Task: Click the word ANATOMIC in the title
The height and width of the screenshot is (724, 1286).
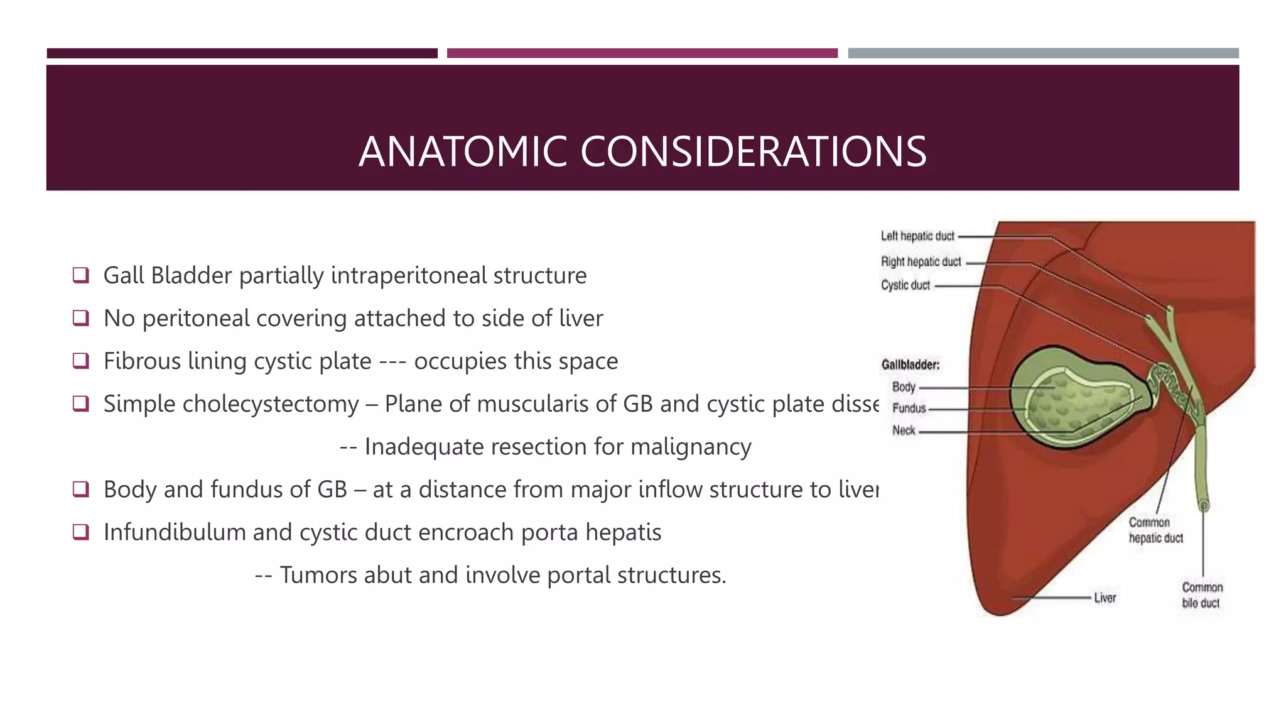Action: point(463,152)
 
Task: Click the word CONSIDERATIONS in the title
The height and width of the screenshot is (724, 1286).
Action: point(753,152)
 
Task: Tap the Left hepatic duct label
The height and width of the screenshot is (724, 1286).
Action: point(917,236)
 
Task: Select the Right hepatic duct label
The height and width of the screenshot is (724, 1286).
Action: point(921,261)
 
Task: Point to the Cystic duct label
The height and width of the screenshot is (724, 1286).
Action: point(905,285)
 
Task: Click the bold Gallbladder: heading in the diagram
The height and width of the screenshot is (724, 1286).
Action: point(910,365)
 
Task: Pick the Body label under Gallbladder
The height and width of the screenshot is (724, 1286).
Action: point(904,387)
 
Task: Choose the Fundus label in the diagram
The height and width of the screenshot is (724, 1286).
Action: point(909,409)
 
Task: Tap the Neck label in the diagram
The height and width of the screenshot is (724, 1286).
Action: point(904,431)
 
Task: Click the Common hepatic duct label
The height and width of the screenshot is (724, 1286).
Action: point(1155,530)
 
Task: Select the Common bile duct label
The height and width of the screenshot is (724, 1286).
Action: point(1202,595)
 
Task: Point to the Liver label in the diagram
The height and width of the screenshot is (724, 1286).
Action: point(1105,598)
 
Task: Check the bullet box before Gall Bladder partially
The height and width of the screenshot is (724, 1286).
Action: point(80,275)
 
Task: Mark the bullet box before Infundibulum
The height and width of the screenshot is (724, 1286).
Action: point(80,532)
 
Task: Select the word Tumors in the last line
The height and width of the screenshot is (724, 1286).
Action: point(318,575)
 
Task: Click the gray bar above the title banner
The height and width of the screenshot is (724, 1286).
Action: point(1043,53)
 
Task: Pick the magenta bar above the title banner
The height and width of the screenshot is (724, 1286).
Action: point(642,53)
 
